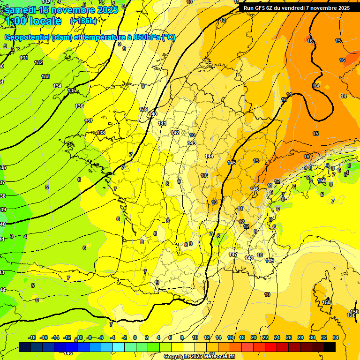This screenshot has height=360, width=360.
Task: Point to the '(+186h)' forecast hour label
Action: (x=83, y=21)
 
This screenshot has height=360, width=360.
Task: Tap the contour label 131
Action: (x=24, y=58)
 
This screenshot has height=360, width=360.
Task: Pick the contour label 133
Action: (x=45, y=76)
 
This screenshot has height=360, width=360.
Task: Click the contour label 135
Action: (x=72, y=90)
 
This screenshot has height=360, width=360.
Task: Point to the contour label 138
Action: (x=101, y=133)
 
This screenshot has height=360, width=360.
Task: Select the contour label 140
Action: (x=153, y=114)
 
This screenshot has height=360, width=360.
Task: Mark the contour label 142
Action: (x=175, y=133)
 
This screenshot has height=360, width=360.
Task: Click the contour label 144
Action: (x=209, y=156)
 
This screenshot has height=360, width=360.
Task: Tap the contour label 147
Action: (x=233, y=255)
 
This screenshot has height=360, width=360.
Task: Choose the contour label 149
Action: (x=270, y=261)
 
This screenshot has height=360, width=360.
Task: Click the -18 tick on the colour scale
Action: (x=32, y=337)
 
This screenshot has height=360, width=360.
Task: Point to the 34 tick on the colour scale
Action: (x=336, y=337)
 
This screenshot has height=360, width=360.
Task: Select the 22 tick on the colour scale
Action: (x=265, y=337)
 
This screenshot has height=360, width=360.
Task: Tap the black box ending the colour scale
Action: (x=330, y=347)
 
